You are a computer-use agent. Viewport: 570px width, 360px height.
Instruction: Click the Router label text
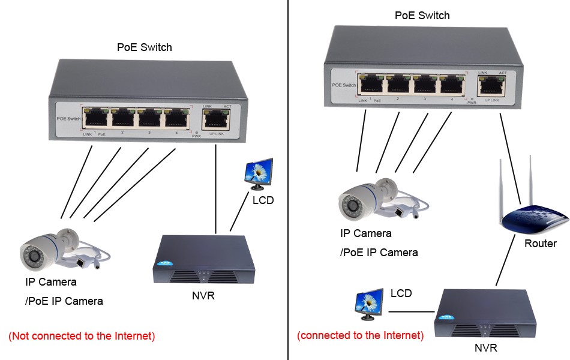tap(540, 244)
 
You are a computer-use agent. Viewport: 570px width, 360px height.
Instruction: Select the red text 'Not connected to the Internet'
tap(82, 336)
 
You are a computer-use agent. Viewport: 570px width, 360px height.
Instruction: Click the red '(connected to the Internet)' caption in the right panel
tap(360, 335)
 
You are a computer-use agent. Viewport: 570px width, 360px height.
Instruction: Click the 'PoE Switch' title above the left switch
tap(144, 47)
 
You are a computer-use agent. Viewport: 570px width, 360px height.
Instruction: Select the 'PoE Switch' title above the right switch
tap(422, 16)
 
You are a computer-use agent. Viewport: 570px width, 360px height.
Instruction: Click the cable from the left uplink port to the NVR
tap(215, 186)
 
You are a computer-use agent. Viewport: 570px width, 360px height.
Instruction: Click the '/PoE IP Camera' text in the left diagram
tap(64, 301)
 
